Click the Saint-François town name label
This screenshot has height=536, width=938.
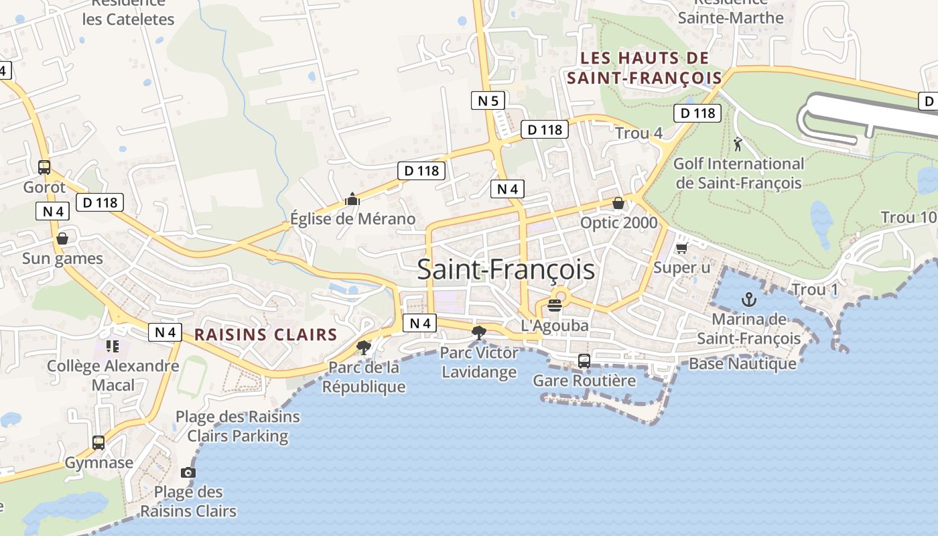tap(506, 269)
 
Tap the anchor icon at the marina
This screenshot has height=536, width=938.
tap(748, 299)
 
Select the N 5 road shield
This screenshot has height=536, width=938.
tap(488, 101)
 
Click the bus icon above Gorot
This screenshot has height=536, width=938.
tap(44, 167)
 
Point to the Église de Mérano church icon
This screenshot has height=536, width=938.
tap(352, 199)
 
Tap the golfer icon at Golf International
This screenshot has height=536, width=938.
tap(738, 143)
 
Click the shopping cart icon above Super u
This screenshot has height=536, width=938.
tap(681, 249)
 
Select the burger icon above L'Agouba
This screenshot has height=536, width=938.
tap(554, 306)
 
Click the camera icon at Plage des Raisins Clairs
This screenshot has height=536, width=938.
tap(188, 473)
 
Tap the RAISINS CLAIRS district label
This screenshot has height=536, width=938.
tap(265, 334)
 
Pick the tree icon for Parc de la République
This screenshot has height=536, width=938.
tap(364, 347)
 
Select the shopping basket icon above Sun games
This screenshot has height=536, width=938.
tap(62, 239)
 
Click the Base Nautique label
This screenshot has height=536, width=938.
tap(742, 364)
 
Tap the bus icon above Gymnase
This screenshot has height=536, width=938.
tap(98, 443)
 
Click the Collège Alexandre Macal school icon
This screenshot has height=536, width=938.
tap(113, 346)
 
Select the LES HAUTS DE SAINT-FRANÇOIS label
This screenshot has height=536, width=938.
tap(645, 68)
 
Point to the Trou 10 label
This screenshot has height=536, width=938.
tap(909, 218)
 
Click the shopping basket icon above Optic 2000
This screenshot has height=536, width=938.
tap(618, 203)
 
